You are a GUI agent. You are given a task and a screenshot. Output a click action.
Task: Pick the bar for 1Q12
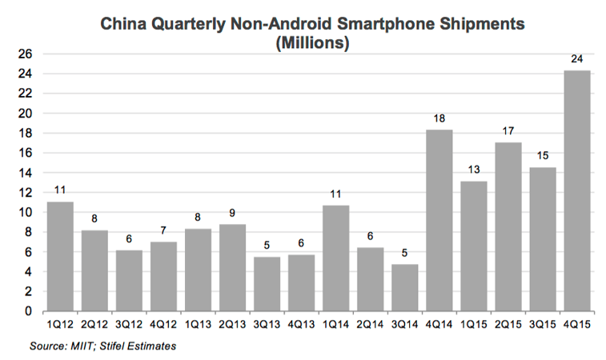[61, 256]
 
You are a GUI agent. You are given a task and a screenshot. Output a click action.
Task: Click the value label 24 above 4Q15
[577, 60]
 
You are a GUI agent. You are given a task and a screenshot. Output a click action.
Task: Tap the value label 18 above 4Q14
[439, 119]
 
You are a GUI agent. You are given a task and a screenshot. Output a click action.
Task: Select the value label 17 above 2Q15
[508, 132]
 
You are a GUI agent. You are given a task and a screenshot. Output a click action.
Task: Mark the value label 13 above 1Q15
[474, 171]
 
